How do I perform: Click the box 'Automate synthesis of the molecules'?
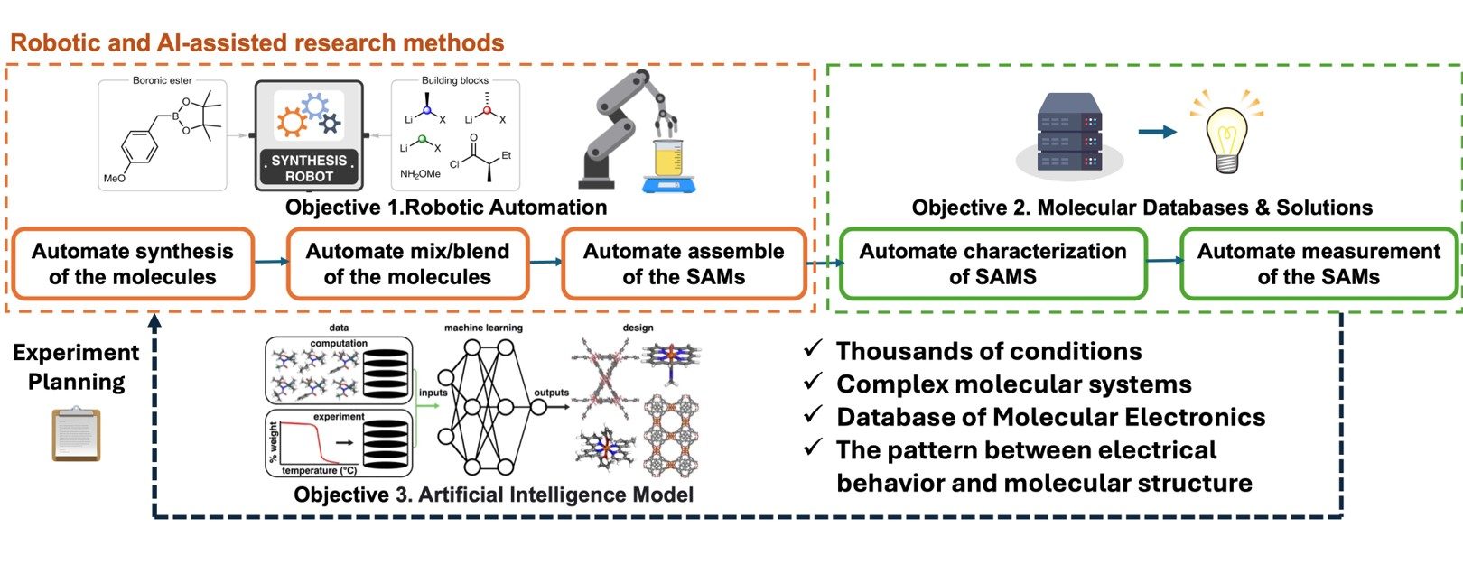click(133, 264)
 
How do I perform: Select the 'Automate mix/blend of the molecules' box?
click(407, 264)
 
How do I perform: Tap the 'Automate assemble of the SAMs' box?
click(684, 264)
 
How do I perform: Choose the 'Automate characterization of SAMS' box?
click(992, 264)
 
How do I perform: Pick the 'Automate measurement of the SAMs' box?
click(1319, 264)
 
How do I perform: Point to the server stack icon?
click(1069, 133)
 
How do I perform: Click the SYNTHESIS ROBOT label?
click(309, 168)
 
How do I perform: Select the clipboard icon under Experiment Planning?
click(76, 434)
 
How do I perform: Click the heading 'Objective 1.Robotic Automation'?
click(446, 208)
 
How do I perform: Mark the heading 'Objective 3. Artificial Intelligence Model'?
click(493, 495)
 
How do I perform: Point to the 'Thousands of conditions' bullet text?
click(989, 351)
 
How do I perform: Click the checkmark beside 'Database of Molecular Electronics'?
click(813, 414)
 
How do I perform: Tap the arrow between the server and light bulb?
click(1157, 132)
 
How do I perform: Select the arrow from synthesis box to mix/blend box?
click(270, 262)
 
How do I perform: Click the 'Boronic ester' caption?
click(163, 80)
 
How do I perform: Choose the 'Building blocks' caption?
click(455, 80)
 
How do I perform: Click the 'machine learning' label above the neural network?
click(483, 328)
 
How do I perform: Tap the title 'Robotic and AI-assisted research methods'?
click(256, 42)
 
